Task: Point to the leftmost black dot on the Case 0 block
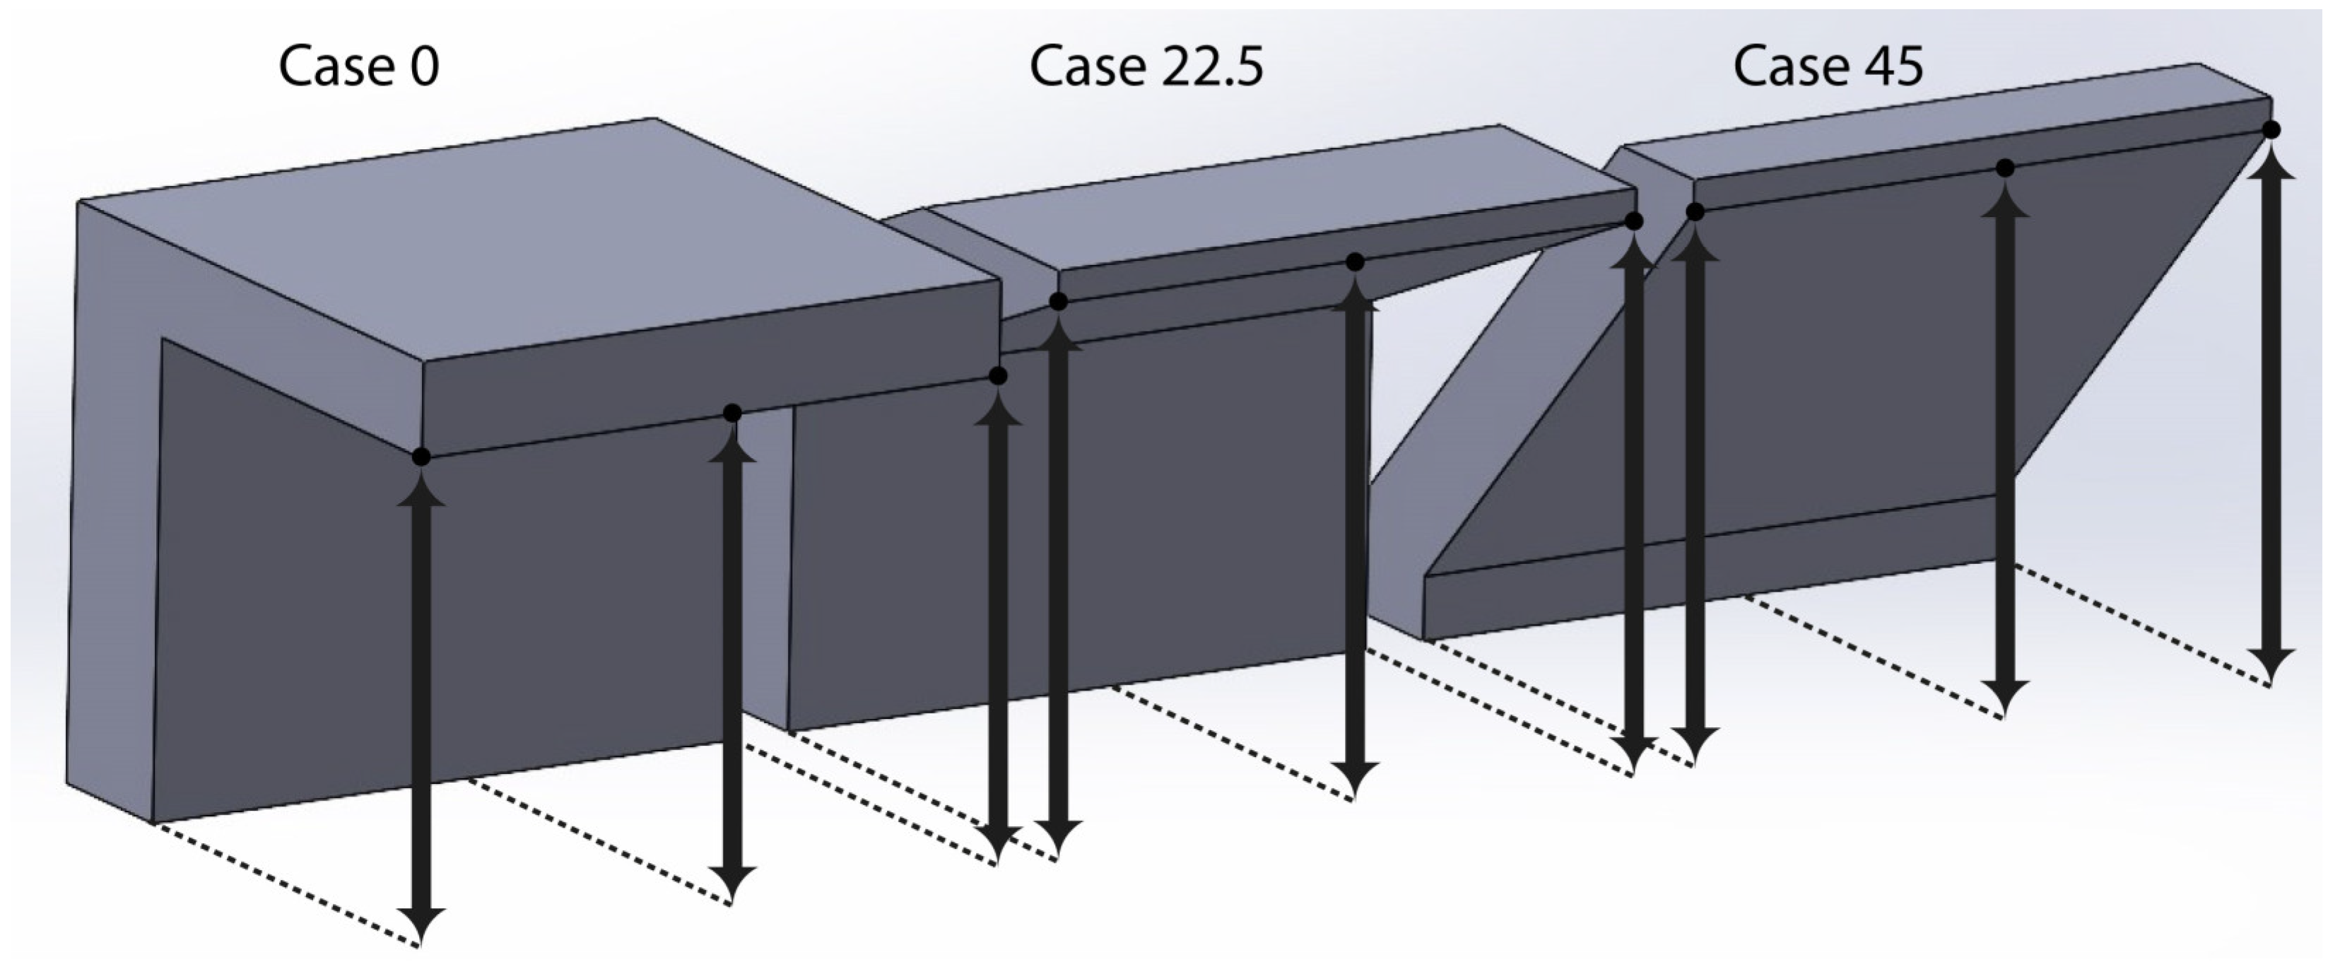point(421,457)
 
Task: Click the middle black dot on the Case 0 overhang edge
point(733,413)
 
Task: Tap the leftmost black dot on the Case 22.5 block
point(1058,302)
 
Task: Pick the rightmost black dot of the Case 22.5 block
point(1634,221)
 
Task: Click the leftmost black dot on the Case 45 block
point(1695,212)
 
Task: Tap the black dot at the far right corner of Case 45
point(2271,130)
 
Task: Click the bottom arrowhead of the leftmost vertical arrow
point(421,926)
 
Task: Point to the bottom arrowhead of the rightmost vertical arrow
point(2271,667)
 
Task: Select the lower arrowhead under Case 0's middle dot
point(733,884)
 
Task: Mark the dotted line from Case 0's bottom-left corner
point(286,886)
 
